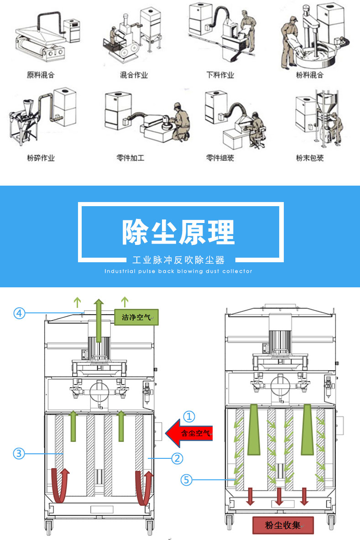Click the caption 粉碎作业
point(41,158)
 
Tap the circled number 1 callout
point(189,416)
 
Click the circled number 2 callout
point(177,458)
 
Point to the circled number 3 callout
point(19,453)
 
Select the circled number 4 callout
point(19,313)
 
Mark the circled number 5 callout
point(186,480)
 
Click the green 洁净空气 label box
point(136,317)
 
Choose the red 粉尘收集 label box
point(283,525)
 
